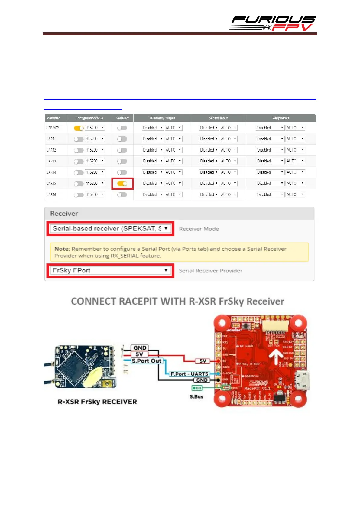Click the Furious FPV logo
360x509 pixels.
pyautogui.click(x=273, y=23)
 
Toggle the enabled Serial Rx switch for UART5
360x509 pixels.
pyautogui.click(x=122, y=184)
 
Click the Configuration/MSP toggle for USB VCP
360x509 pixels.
pyautogui.click(x=79, y=128)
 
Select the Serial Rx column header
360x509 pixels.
pyautogui.click(x=122, y=118)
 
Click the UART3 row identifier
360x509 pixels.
pyautogui.click(x=51, y=161)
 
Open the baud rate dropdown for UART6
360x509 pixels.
pyautogui.click(x=95, y=195)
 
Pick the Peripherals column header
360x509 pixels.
pyautogui.click(x=281, y=118)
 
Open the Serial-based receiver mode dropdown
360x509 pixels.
pyautogui.click(x=110, y=229)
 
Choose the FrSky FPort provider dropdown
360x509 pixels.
pyautogui.click(x=110, y=270)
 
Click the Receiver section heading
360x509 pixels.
pyautogui.click(x=64, y=214)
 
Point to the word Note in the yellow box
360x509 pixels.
pyautogui.click(x=62, y=249)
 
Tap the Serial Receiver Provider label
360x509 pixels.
pyautogui.click(x=210, y=271)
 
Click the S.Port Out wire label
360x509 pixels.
pyautogui.click(x=147, y=361)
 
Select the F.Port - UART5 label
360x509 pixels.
pyautogui.click(x=189, y=374)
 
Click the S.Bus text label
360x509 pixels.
pyautogui.click(x=196, y=396)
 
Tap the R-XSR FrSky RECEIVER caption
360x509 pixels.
pyautogui.click(x=97, y=402)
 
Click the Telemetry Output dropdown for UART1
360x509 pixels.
pyautogui.click(x=153, y=139)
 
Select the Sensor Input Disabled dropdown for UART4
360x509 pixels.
pyautogui.click(x=209, y=172)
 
